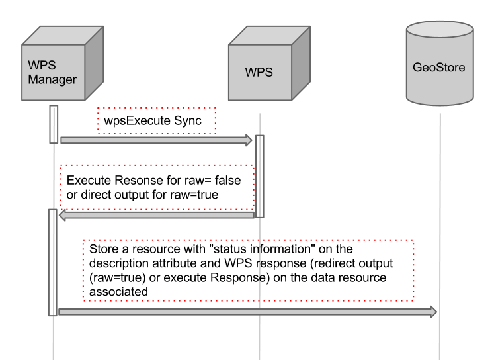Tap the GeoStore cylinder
pyautogui.click(x=439, y=66)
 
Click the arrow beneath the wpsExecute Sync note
pyautogui.click(x=156, y=140)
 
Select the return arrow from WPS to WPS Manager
pyautogui.click(x=156, y=215)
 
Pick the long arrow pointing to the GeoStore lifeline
pyautogui.click(x=247, y=311)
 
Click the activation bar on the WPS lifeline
pyautogui.click(x=260, y=176)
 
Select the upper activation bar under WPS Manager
pyautogui.click(x=54, y=124)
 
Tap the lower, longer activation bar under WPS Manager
pyautogui.click(x=53, y=262)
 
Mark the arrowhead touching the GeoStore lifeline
pyautogui.click(x=433, y=311)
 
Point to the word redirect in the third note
pyautogui.click(x=333, y=263)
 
